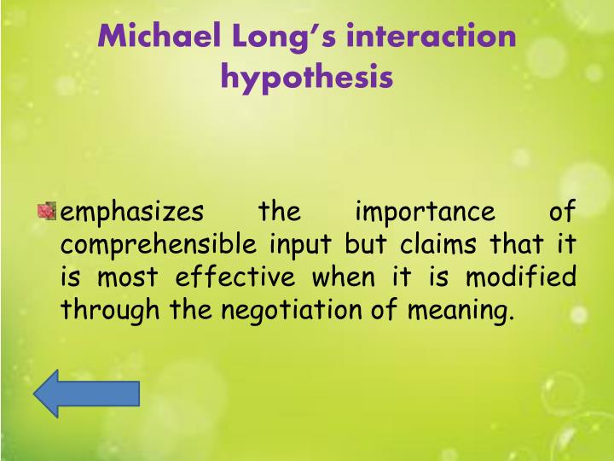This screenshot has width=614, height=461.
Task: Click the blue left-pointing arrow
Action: coord(85,393)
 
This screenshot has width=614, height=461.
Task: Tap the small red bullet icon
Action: coord(47,210)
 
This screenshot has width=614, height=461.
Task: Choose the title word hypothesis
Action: coord(307,79)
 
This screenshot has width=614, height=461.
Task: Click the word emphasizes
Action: coord(133,211)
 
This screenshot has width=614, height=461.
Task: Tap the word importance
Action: coord(424,211)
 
